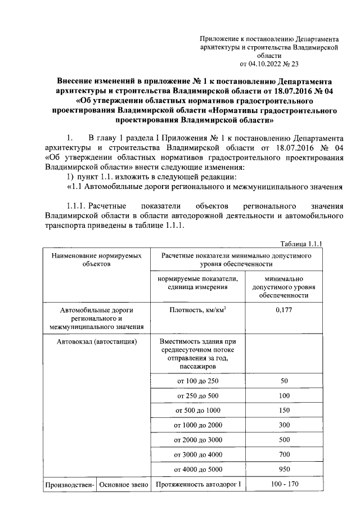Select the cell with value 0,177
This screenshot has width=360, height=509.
(x=283, y=309)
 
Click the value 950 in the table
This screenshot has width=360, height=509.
(x=283, y=469)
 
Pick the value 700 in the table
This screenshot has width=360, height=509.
(x=283, y=454)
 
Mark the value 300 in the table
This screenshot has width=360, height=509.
(x=283, y=425)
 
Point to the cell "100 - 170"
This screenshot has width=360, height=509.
(x=283, y=484)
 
